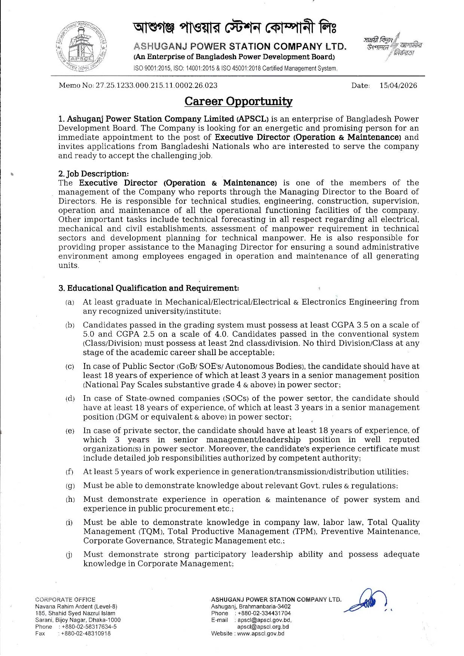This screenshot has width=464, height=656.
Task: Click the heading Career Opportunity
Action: click(x=238, y=101)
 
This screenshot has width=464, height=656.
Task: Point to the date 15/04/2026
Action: click(x=398, y=85)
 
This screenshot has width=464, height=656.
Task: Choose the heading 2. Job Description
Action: click(x=94, y=174)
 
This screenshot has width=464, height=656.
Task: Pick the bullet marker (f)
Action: click(x=69, y=472)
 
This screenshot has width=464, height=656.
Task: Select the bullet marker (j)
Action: click(x=69, y=555)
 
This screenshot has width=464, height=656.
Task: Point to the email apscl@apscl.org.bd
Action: click(x=263, y=627)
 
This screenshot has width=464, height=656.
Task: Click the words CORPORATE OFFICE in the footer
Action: click(x=65, y=599)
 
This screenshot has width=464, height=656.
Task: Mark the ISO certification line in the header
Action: click(x=235, y=68)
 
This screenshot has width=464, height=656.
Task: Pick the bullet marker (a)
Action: click(x=69, y=302)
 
